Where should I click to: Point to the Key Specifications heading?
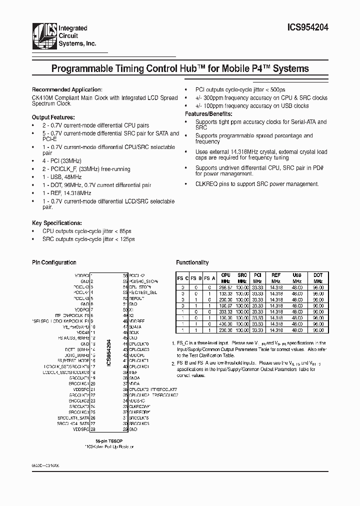pyautogui.click(x=56, y=222)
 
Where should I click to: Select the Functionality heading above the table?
pyautogui.click(x=192, y=262)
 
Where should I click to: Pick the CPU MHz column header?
pyautogui.click(x=225, y=278)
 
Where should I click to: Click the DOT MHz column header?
pyautogui.click(x=318, y=278)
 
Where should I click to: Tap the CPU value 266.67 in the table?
pyautogui.click(x=225, y=287)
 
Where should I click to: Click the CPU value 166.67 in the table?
pyautogui.click(x=225, y=306)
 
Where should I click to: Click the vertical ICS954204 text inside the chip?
pyautogui.click(x=108, y=353)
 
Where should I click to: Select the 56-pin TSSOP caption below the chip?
pyautogui.click(x=108, y=440)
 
